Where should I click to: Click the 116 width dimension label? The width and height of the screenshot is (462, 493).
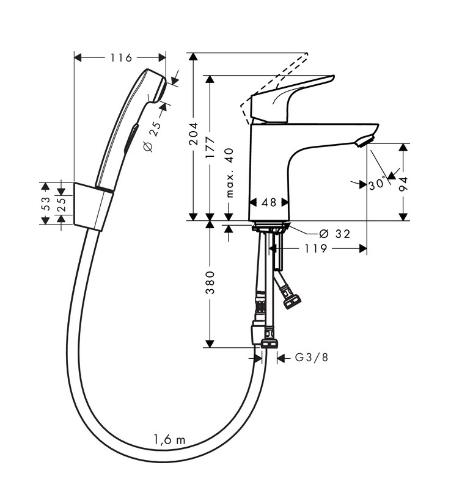tap(121, 58)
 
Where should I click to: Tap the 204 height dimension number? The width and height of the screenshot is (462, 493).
tap(193, 134)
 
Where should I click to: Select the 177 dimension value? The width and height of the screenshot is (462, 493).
tap(210, 148)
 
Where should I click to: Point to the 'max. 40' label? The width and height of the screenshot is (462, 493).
tap(230, 173)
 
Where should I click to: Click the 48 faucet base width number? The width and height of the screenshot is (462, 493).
tap(269, 202)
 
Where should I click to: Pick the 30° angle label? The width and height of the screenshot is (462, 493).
tap(378, 183)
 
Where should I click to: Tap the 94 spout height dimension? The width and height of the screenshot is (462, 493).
tap(403, 184)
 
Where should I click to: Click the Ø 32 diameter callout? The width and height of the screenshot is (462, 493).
tap(334, 234)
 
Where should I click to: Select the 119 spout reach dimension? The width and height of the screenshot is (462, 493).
tap(316, 249)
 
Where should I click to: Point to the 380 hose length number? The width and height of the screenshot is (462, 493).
tap(210, 282)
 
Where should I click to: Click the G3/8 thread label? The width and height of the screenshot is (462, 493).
tap(312, 358)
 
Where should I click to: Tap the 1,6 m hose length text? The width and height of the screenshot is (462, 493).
tap(170, 439)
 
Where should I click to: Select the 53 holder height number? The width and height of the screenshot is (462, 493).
tap(46, 203)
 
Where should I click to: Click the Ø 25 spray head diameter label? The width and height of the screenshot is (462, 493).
tap(152, 137)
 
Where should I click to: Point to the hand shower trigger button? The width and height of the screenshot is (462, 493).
tap(131, 139)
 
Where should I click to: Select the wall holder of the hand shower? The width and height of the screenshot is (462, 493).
tap(93, 207)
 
